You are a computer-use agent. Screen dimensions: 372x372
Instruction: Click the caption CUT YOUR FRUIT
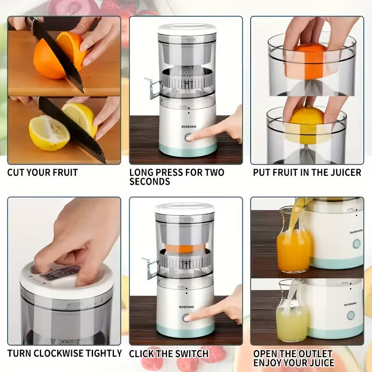[42, 173]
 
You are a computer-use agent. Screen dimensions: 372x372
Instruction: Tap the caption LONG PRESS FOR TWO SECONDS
[177, 177]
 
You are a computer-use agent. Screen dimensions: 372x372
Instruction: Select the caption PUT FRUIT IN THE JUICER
[307, 173]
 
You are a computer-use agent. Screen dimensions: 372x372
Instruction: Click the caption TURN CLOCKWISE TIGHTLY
[64, 353]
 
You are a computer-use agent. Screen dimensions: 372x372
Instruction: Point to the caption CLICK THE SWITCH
[169, 353]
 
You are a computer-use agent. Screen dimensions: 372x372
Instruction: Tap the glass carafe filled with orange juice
[293, 244]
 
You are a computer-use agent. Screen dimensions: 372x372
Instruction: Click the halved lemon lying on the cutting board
[48, 133]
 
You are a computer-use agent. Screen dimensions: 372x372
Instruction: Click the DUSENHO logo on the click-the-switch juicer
[188, 306]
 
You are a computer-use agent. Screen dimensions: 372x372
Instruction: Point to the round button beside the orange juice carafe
[356, 244]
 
